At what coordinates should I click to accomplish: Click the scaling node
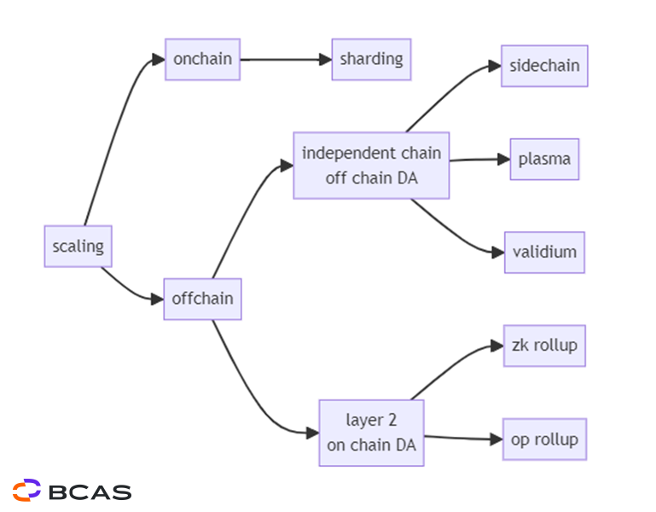pyautogui.click(x=78, y=247)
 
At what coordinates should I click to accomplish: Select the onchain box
pyautogui.click(x=202, y=60)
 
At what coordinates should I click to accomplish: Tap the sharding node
pyautogui.click(x=371, y=60)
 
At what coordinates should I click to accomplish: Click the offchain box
pyautogui.click(x=202, y=299)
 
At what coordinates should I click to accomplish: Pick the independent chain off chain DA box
pyautogui.click(x=371, y=166)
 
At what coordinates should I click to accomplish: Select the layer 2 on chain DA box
pyautogui.click(x=371, y=433)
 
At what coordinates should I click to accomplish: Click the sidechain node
pyautogui.click(x=544, y=67)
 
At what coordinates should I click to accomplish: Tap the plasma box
pyautogui.click(x=544, y=160)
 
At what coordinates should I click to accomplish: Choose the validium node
pyautogui.click(x=544, y=253)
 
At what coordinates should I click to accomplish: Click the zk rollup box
pyautogui.click(x=544, y=346)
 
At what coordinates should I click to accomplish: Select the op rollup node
pyautogui.click(x=544, y=439)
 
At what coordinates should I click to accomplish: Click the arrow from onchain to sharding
pyautogui.click(x=285, y=60)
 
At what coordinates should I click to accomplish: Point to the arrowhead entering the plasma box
pyautogui.click(x=503, y=159)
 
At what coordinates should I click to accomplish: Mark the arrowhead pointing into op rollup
pyautogui.click(x=496, y=439)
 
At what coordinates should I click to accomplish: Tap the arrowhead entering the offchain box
pyautogui.click(x=157, y=299)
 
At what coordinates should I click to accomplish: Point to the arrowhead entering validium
pyautogui.click(x=497, y=253)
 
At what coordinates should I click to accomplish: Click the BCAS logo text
pyautogui.click(x=90, y=492)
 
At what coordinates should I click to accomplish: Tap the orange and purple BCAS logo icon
pyautogui.click(x=26, y=491)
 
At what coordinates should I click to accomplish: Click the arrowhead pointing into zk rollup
pyautogui.click(x=496, y=346)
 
